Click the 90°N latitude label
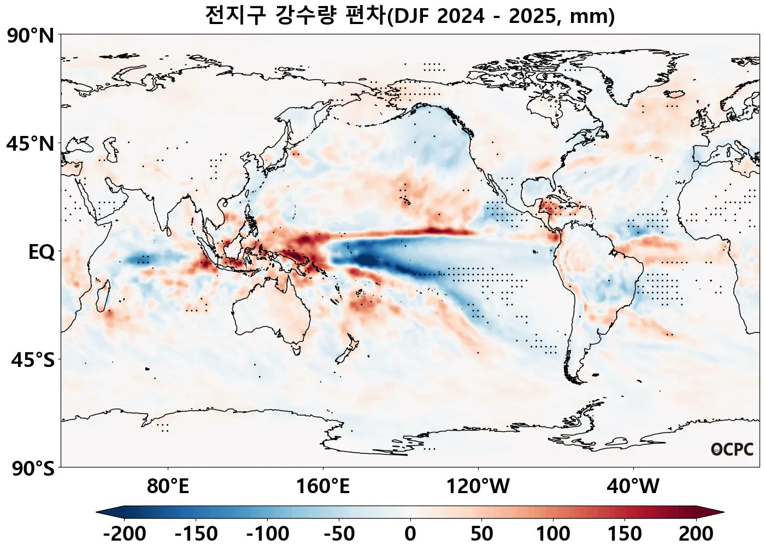pos(31,37)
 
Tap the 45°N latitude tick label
pos(31,145)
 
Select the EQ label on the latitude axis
pos(42,252)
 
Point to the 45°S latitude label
pos(33,360)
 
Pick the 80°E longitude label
pos(168,486)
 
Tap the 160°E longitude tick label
pos(322,486)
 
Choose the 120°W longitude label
pos(478,486)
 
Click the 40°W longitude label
pos(633,486)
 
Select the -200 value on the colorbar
pos(125,534)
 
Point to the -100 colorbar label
pos(268,534)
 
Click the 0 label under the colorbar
pos(410,534)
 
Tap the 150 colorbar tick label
pos(625,534)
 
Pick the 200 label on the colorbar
pos(696,534)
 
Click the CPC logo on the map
pos(732,449)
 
